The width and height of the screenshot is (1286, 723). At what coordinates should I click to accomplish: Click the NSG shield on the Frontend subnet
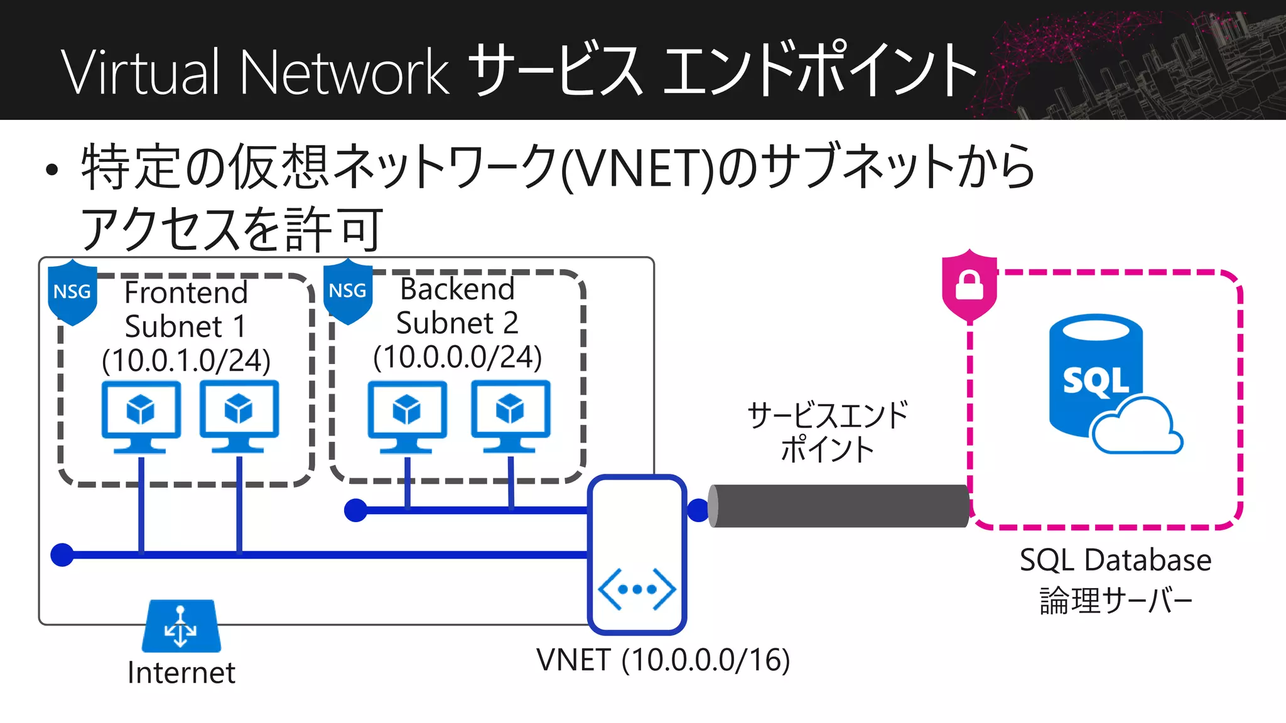(x=72, y=292)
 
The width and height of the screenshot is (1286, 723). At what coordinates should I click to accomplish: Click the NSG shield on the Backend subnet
(x=347, y=291)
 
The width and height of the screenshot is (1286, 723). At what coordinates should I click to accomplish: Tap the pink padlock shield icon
(x=969, y=286)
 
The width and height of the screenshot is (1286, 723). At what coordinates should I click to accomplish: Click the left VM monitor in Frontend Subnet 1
(x=141, y=414)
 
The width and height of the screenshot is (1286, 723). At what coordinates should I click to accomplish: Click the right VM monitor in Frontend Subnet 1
(x=239, y=414)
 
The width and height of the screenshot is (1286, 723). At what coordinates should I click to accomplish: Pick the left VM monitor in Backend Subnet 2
(x=407, y=414)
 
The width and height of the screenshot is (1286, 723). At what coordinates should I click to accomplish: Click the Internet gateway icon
(x=181, y=626)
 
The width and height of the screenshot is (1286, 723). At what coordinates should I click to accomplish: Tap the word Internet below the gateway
(x=181, y=673)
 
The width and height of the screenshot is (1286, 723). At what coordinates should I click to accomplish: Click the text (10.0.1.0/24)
(x=186, y=361)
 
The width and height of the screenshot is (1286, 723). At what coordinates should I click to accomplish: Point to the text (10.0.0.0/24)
(x=457, y=358)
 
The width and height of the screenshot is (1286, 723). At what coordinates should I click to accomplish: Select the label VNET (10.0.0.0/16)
(x=662, y=660)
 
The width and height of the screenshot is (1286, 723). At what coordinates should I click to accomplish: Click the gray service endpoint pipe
(x=838, y=506)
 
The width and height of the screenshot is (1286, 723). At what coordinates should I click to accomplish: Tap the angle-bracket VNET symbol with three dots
(x=637, y=589)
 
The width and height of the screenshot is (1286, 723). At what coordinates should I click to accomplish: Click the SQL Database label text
(x=1115, y=560)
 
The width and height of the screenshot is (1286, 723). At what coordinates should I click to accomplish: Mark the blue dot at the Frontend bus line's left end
(x=62, y=555)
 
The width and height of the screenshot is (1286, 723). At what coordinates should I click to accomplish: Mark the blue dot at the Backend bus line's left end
(x=356, y=510)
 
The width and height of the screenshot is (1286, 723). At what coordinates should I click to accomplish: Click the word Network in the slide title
(x=344, y=72)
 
